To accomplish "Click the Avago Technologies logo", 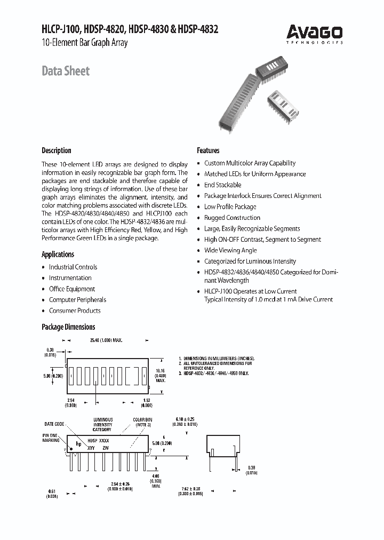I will (314, 33).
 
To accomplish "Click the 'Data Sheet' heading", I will (66, 72).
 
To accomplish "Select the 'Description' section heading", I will (57, 150).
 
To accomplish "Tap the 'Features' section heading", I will (208, 150).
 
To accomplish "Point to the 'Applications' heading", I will (58, 255).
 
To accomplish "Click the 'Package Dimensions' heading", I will (68, 327).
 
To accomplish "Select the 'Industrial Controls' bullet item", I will (73, 267).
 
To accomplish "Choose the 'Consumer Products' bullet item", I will (75, 311).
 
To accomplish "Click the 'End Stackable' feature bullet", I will (223, 185).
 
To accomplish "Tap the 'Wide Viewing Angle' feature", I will (230, 250).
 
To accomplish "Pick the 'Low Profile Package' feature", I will (230, 207).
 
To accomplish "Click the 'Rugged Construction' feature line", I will (233, 218).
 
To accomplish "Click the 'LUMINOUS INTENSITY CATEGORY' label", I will (102, 425).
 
